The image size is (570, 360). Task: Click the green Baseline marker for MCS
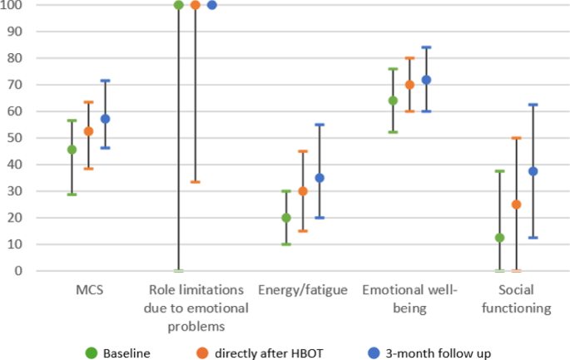[72, 150]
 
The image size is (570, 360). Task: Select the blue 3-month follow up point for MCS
[105, 119]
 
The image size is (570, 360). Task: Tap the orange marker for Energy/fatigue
[303, 191]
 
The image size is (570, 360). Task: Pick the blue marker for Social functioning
[533, 171]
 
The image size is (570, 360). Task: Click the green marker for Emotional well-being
[393, 101]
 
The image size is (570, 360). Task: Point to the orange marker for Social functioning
[516, 205]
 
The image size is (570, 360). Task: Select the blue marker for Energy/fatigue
[320, 178]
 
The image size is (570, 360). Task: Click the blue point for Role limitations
[211, 5]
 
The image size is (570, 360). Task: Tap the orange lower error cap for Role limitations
[195, 182]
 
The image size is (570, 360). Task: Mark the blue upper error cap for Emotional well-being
[426, 47]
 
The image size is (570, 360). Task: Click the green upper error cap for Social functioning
[499, 171]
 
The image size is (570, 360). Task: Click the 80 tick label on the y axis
[17, 58]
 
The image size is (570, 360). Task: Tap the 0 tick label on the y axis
[20, 271]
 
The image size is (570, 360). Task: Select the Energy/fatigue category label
[303, 290]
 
